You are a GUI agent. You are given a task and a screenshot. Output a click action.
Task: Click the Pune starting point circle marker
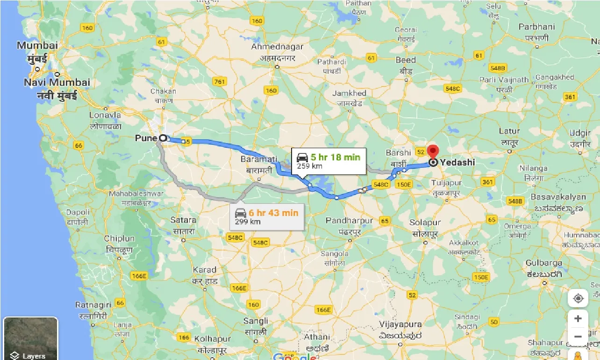[163, 138]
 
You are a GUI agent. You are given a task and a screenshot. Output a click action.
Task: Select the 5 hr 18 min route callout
[329, 161]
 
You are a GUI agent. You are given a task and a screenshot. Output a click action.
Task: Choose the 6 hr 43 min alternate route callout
[267, 216]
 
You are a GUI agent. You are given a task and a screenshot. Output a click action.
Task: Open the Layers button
[30, 338]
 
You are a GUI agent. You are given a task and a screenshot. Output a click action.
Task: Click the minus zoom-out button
[578, 337]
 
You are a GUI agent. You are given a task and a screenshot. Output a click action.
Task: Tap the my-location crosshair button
[578, 299]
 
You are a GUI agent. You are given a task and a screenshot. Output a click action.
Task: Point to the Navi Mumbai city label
[57, 83]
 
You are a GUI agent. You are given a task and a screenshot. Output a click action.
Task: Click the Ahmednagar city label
[277, 47]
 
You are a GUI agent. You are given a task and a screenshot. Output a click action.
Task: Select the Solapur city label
[425, 223]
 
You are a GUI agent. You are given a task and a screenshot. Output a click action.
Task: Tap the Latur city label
[509, 131]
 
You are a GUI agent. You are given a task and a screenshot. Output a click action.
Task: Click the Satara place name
[183, 220]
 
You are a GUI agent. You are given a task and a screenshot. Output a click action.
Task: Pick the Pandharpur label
[350, 221]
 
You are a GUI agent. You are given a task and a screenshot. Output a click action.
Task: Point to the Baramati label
[256, 159]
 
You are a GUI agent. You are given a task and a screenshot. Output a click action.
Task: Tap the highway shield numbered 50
[494, 322]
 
